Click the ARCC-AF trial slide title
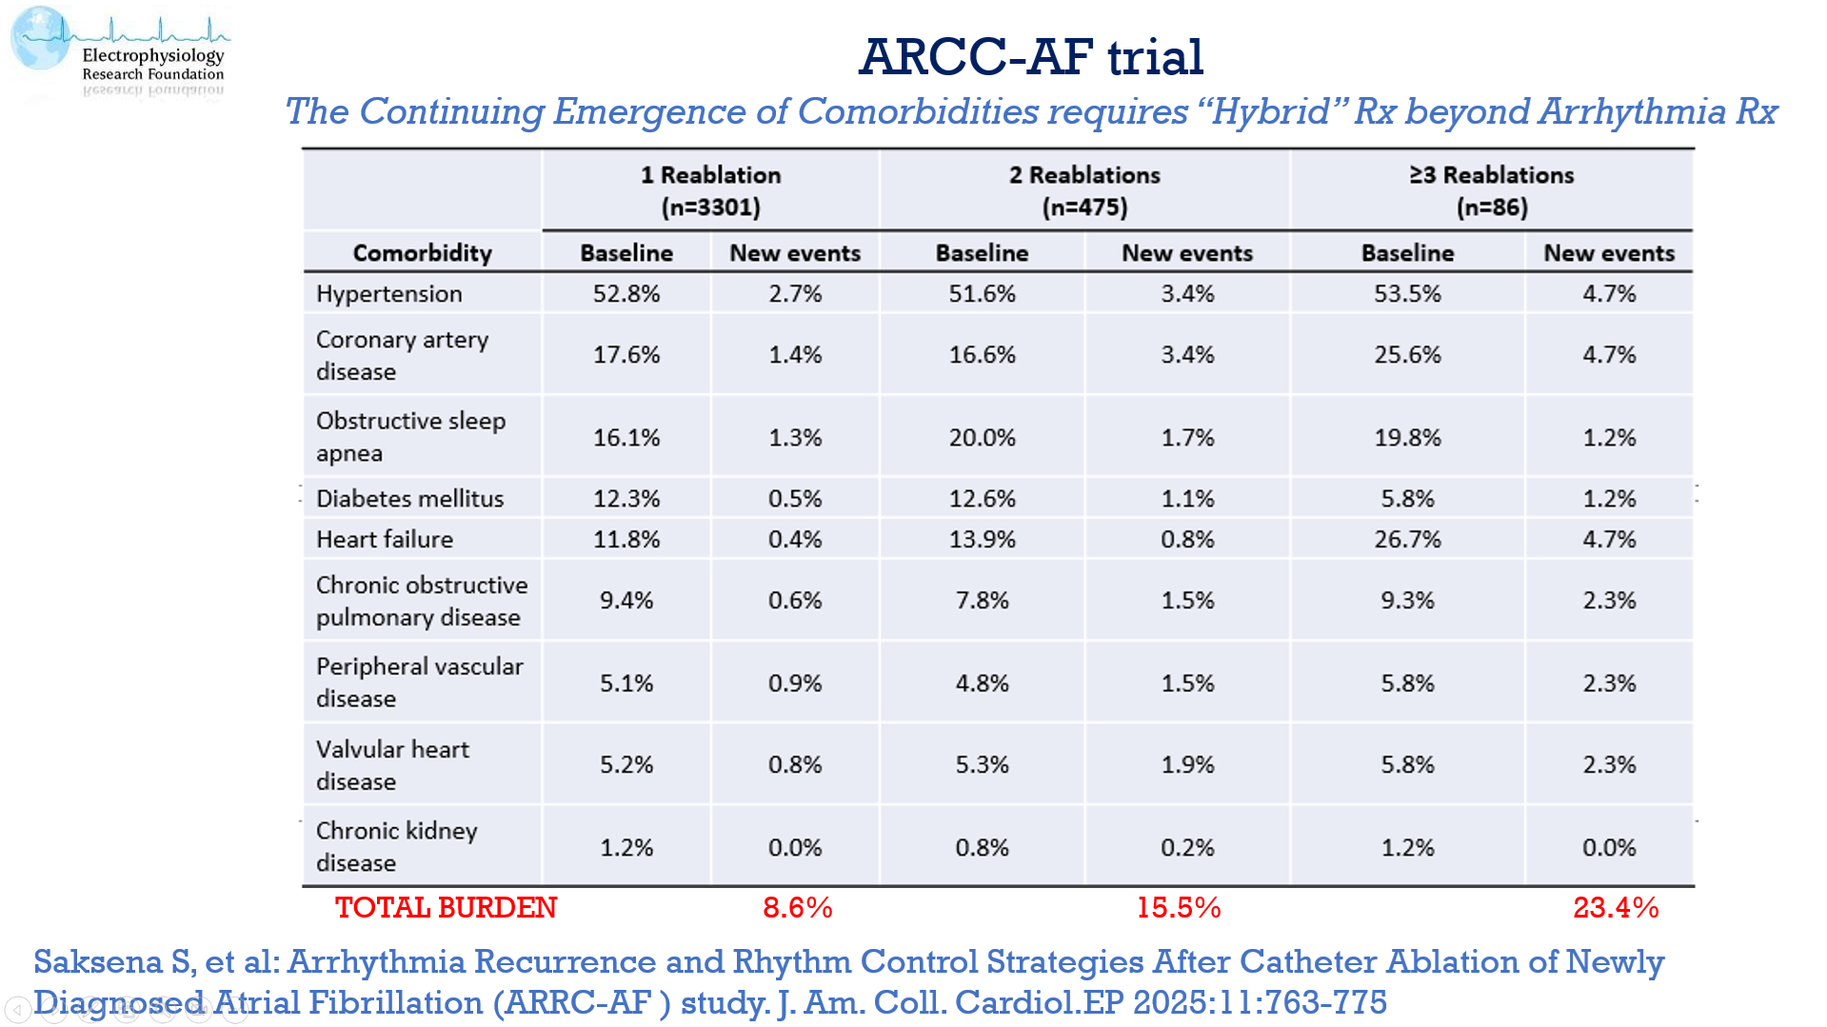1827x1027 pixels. (x=1030, y=56)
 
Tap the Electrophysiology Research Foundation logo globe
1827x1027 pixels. (x=40, y=39)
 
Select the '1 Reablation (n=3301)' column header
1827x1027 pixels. (x=710, y=190)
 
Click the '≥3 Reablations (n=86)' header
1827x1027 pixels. (x=1491, y=190)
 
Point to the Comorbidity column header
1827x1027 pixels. (x=422, y=253)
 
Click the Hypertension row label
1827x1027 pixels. (x=388, y=294)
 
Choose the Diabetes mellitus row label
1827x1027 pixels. (x=409, y=499)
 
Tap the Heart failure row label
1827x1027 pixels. (x=384, y=540)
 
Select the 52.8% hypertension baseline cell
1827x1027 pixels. (x=626, y=294)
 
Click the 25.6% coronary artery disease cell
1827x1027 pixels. (x=1406, y=355)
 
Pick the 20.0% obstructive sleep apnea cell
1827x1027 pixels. (x=982, y=438)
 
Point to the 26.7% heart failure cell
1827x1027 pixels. (x=1406, y=540)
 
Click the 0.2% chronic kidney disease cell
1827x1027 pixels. (x=1186, y=848)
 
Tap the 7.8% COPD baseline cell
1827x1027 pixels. (x=982, y=601)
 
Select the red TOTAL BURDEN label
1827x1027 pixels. (x=446, y=908)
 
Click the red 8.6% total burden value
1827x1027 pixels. (x=797, y=908)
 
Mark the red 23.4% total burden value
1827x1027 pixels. (x=1615, y=908)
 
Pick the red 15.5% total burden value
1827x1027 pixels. (x=1178, y=908)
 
